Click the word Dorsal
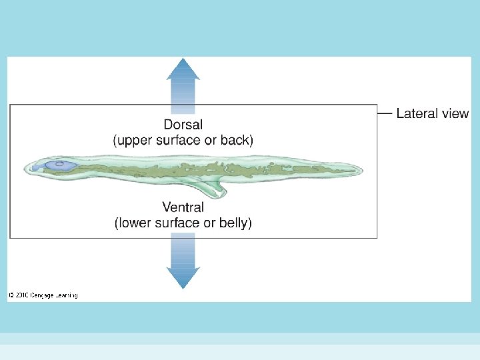[x=183, y=125]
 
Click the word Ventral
[x=183, y=207]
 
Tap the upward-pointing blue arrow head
[x=183, y=69]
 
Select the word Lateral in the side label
[x=417, y=113]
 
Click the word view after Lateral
[x=455, y=113]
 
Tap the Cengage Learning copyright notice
[x=43, y=295]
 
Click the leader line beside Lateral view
[x=385, y=113]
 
